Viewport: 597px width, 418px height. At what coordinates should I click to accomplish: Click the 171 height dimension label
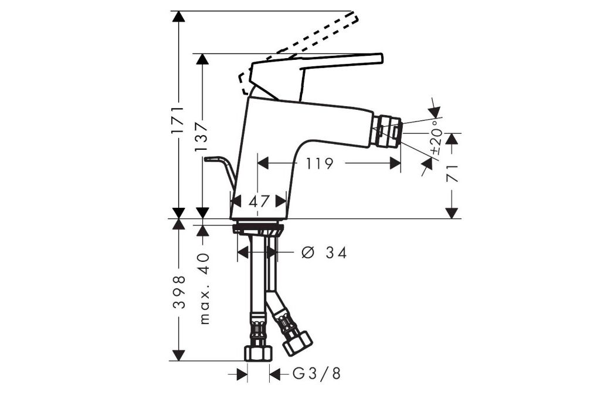tap(178, 120)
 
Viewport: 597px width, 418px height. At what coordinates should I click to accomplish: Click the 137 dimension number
tap(202, 137)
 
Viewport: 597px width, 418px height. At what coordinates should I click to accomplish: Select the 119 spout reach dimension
tap(320, 163)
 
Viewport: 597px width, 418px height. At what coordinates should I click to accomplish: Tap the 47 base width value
tap(259, 201)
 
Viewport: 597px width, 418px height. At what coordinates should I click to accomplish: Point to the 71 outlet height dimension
tap(452, 173)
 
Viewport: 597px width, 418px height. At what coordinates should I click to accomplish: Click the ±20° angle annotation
tap(437, 137)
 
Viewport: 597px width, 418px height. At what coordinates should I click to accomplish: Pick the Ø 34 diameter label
tap(324, 252)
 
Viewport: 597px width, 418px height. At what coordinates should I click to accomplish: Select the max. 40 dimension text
tap(205, 288)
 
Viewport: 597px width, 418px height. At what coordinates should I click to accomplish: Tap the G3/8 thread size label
tap(317, 374)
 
